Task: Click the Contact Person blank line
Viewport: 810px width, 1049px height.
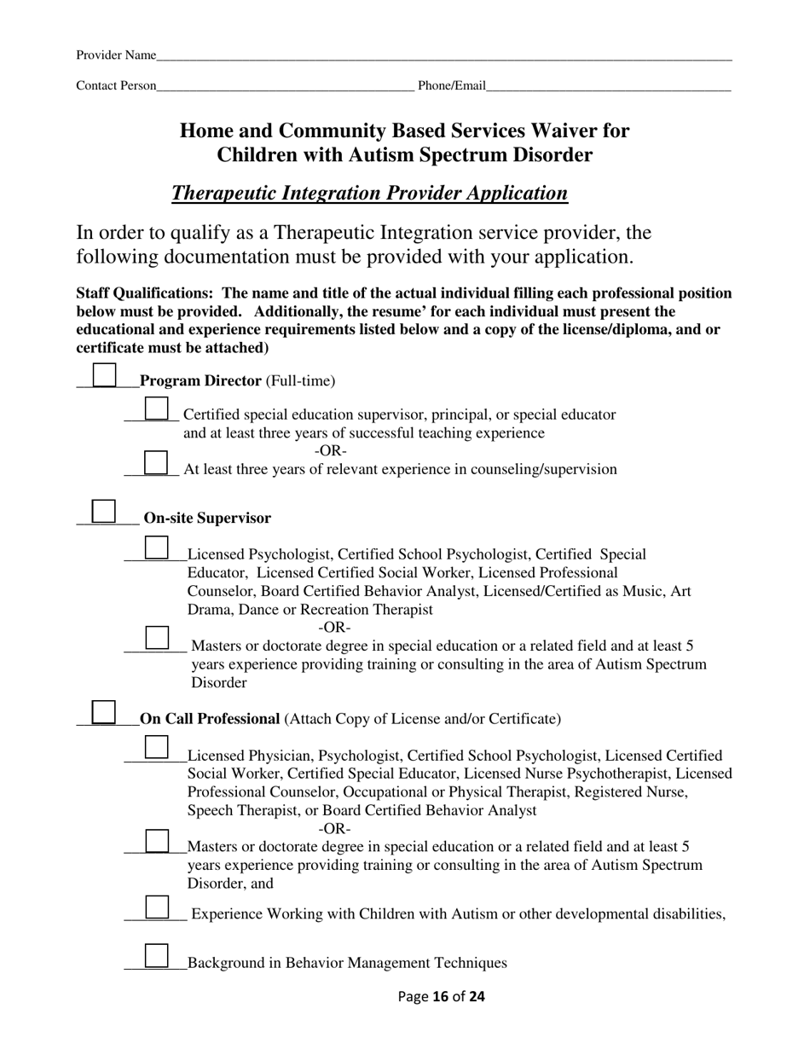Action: [x=286, y=85]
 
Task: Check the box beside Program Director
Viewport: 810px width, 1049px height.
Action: [x=104, y=375]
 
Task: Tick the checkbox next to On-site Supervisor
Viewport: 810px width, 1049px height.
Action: [x=104, y=511]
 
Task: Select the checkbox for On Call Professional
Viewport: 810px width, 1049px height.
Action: [x=104, y=713]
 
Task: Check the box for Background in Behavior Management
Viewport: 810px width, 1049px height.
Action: [x=157, y=956]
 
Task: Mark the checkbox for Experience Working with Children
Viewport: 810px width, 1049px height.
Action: [x=157, y=907]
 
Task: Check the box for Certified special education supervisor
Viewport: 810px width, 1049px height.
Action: [x=157, y=409]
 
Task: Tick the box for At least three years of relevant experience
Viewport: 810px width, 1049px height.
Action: [x=157, y=462]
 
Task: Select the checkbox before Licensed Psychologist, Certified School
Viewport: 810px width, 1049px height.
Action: [x=157, y=548]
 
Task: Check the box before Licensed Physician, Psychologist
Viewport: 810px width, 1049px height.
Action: [x=157, y=748]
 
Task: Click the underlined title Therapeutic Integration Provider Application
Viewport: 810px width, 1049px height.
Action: [x=369, y=194]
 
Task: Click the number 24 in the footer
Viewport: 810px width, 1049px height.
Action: [x=477, y=996]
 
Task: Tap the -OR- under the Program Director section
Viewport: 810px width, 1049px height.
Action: [x=331, y=450]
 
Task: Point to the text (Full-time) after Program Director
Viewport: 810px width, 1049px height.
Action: [x=301, y=381]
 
